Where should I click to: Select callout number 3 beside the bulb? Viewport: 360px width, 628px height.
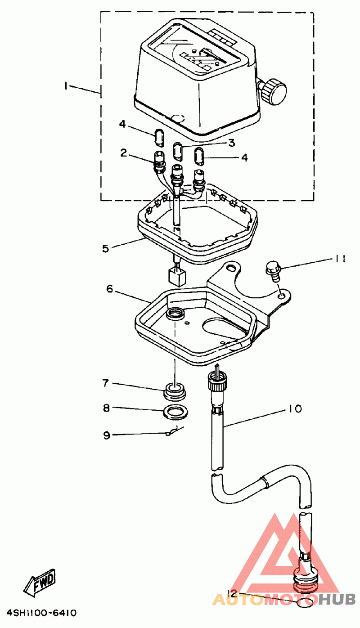pos(232,143)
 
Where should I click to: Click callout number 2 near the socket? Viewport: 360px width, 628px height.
pos(124,153)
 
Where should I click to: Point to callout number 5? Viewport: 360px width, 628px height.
pos(105,248)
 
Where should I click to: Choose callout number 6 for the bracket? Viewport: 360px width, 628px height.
pos(110,288)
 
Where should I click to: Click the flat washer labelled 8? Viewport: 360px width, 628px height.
pos(175,412)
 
